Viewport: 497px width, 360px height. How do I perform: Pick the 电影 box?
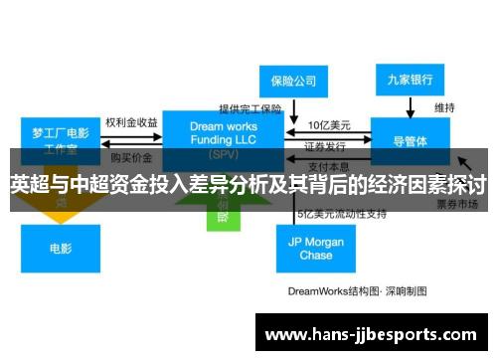62,249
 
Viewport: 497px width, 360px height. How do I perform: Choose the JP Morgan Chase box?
316,249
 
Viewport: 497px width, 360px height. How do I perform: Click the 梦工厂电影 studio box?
61,137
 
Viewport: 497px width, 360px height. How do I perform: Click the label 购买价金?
131,157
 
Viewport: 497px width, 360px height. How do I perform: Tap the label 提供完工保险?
251,108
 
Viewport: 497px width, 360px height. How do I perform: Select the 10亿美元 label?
328,125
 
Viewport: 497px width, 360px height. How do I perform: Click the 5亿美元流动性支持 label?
339,213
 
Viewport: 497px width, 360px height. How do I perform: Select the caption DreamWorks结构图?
357,291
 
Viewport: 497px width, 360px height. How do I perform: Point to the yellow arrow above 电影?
62,208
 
